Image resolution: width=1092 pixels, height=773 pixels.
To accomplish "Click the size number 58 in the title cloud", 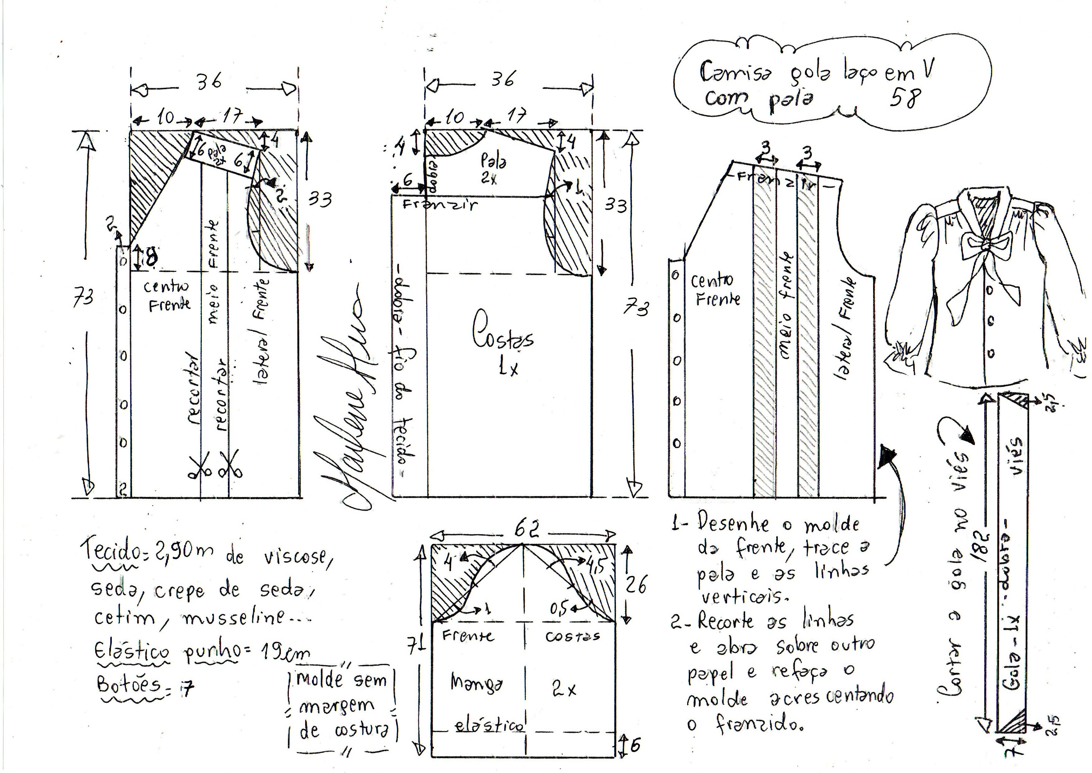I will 905,98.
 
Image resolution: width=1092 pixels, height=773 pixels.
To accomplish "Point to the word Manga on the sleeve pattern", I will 476,683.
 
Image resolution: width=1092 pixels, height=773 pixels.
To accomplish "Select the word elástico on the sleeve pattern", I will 489,725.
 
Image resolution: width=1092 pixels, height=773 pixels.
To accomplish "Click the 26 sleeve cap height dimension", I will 636,584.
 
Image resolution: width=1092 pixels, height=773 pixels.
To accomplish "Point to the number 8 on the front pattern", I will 151,258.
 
